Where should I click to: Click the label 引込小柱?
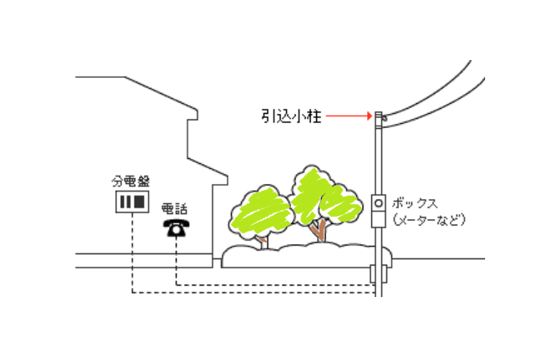(x=292, y=115)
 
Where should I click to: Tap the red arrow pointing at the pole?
(x=351, y=115)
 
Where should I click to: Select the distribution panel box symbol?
(x=132, y=202)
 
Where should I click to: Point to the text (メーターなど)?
(x=429, y=219)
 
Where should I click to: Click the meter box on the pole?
(x=379, y=211)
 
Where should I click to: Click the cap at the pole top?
(x=378, y=115)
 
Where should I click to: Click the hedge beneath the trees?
(x=300, y=256)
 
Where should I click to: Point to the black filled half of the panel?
(x=140, y=202)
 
